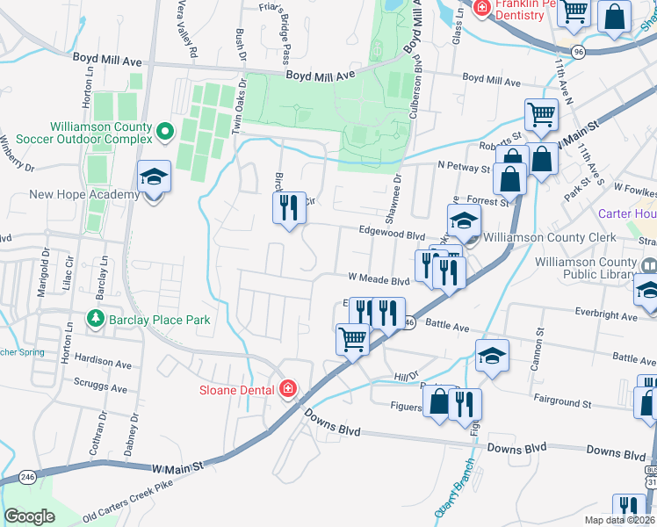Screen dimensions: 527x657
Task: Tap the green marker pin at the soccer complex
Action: tap(164, 133)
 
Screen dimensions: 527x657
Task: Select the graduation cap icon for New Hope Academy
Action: tap(154, 177)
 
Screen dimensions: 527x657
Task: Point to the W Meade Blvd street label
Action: tap(379, 281)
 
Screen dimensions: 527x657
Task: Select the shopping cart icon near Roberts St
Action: tap(541, 114)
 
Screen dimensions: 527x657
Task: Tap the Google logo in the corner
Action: tap(30, 516)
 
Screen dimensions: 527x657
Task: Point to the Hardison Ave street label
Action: tap(103, 361)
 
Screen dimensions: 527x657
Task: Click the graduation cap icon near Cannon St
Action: tap(492, 355)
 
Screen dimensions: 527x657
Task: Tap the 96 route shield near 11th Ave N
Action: tap(576, 52)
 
